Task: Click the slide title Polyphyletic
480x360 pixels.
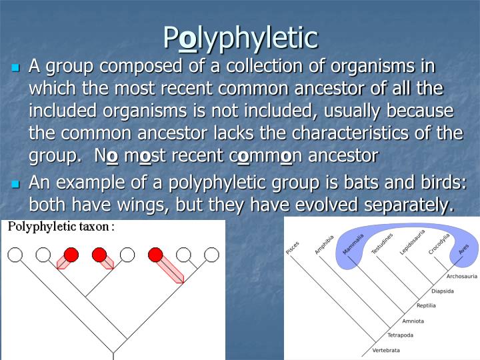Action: [x=240, y=38]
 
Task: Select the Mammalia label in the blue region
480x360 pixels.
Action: [x=353, y=243]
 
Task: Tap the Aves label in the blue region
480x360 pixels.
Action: [x=464, y=249]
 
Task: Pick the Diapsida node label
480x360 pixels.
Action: [x=443, y=291]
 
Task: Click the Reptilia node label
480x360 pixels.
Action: [x=426, y=306]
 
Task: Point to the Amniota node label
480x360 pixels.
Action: [x=413, y=321]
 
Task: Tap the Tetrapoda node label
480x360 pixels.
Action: [x=401, y=335]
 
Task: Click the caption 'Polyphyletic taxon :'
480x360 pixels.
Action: [x=61, y=227]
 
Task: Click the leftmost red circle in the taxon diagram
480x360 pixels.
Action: [x=71, y=254]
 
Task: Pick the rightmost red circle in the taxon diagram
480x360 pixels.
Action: [x=155, y=254]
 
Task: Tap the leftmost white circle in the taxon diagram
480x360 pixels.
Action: [x=15, y=254]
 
